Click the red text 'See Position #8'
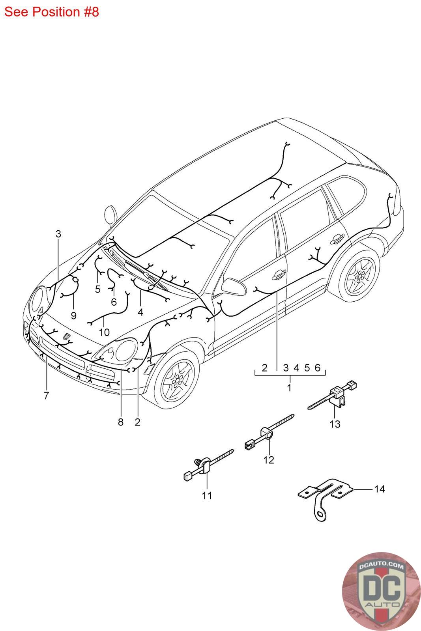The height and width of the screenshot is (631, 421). coord(51,12)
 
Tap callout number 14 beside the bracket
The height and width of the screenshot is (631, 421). coord(379,489)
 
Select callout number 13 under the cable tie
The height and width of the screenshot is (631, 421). coord(335,424)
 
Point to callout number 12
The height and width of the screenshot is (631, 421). coord(269,460)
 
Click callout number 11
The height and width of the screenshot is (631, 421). coord(207,495)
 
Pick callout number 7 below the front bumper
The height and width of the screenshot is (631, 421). coord(46,395)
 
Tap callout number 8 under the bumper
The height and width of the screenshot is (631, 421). coord(121,422)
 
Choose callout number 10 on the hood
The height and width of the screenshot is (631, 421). coord(104,332)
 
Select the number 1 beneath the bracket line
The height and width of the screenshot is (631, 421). coord(289,388)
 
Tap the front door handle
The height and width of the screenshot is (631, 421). coord(279,275)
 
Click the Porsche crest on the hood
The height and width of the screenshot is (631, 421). coord(66,336)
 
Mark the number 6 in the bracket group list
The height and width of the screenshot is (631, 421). coord(317,368)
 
